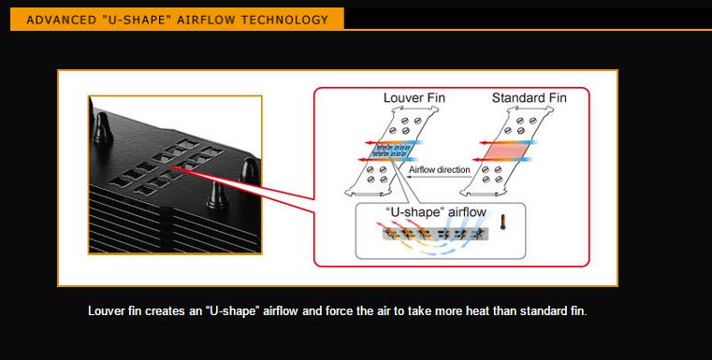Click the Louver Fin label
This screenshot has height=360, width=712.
click(414, 98)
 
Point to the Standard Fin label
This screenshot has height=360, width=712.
click(530, 98)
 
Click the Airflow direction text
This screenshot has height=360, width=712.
click(440, 170)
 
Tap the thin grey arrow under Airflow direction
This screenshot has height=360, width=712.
click(438, 177)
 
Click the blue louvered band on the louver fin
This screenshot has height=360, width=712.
click(391, 151)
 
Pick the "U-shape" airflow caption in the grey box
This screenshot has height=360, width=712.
click(436, 211)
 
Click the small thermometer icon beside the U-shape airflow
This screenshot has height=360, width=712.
click(502, 222)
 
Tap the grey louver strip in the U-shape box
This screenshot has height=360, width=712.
click(435, 234)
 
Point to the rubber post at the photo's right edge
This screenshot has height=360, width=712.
click(250, 172)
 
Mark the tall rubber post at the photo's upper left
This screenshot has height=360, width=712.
click(103, 128)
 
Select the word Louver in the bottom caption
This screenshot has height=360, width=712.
click(104, 311)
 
